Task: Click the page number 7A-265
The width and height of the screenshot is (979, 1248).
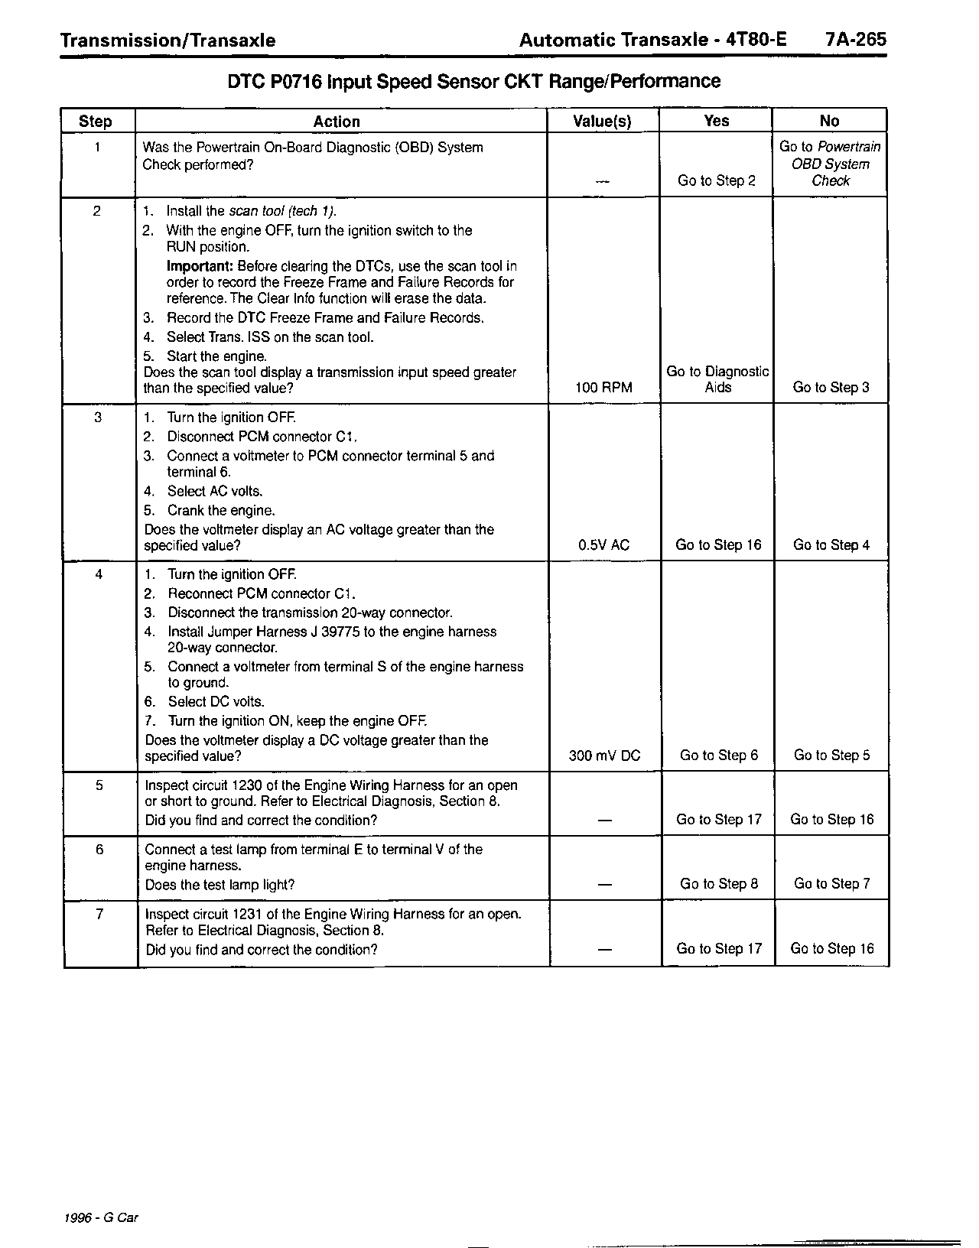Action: tap(856, 40)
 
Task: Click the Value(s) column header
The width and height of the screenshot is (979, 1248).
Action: tap(602, 121)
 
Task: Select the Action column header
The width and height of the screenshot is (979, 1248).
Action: tap(337, 121)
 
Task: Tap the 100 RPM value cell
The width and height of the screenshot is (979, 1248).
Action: tap(603, 388)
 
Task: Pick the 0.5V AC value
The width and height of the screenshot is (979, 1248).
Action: tap(603, 545)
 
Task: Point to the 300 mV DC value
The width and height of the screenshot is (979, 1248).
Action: tap(604, 756)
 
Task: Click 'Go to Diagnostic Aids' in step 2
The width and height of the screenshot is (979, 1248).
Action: tap(717, 379)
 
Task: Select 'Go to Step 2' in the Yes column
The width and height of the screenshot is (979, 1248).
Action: tap(717, 181)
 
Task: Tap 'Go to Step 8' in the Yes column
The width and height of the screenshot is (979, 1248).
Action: tap(719, 884)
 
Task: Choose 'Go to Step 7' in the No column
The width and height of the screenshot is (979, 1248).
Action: tap(831, 884)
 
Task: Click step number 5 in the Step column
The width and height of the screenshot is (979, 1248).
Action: tap(99, 785)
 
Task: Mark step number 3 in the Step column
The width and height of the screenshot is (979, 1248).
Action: tap(98, 418)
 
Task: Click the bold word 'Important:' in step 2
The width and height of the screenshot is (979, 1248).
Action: tap(200, 266)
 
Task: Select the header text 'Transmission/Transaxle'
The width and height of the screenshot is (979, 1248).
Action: tap(168, 41)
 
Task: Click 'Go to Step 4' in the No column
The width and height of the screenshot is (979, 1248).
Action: tap(831, 545)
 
